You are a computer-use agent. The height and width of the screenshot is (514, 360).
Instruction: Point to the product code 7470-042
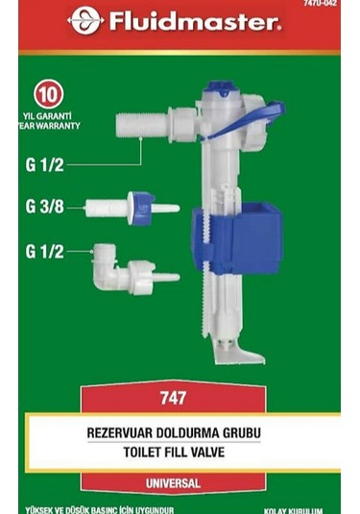click(322, 4)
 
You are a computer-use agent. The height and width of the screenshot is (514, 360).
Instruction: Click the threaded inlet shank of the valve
click(144, 125)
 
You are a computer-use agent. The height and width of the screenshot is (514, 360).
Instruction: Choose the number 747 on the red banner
click(180, 397)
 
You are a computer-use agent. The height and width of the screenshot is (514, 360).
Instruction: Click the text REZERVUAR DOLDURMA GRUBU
click(180, 432)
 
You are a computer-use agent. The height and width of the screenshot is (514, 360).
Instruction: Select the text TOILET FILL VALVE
click(180, 452)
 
